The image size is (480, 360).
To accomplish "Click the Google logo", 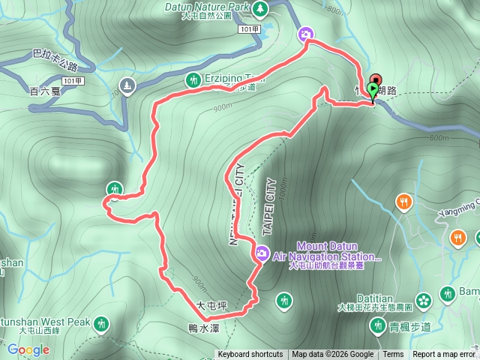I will pos(28,349).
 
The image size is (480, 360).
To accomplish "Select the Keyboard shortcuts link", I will pos(250,355).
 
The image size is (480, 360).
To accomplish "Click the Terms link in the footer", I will pos(393,355).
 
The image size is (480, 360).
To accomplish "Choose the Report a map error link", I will pos(444,355).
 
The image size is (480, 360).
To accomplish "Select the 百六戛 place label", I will pos(44,91).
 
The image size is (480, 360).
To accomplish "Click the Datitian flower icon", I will pos(424,299).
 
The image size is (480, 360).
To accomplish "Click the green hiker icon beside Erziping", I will pos(193,79).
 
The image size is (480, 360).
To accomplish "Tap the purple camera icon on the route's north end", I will pos(305,34).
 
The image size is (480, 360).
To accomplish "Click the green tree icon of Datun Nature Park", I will pos(260,7).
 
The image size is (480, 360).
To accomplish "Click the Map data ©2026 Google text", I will pos(333,355).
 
